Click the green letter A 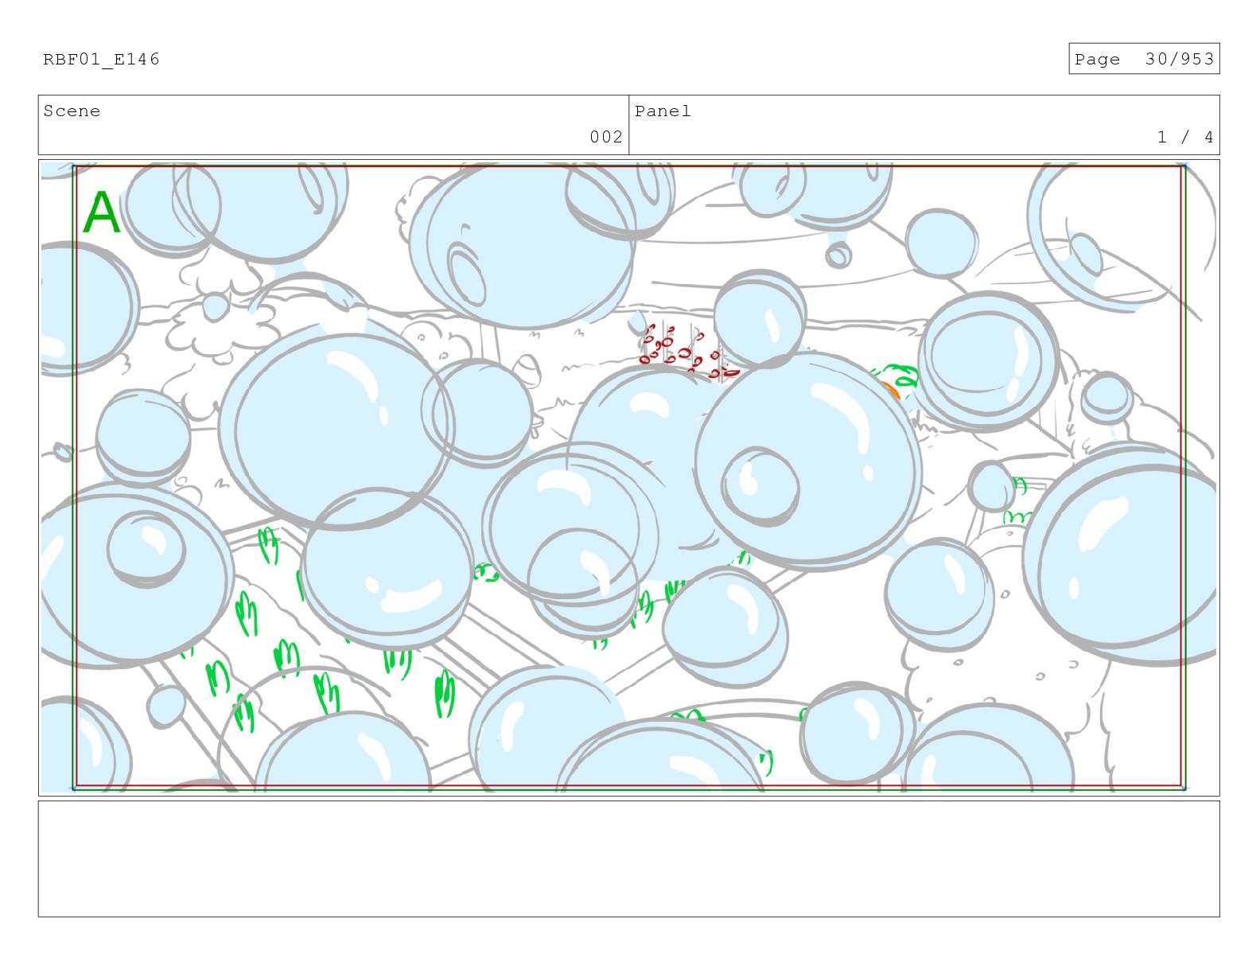[x=102, y=212]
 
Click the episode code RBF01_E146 [x=102, y=59]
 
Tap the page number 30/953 [x=1179, y=59]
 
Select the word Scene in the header [x=72, y=111]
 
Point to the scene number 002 [x=606, y=137]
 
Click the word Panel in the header [x=663, y=111]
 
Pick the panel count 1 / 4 [x=1184, y=137]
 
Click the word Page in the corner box [x=1097, y=59]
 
